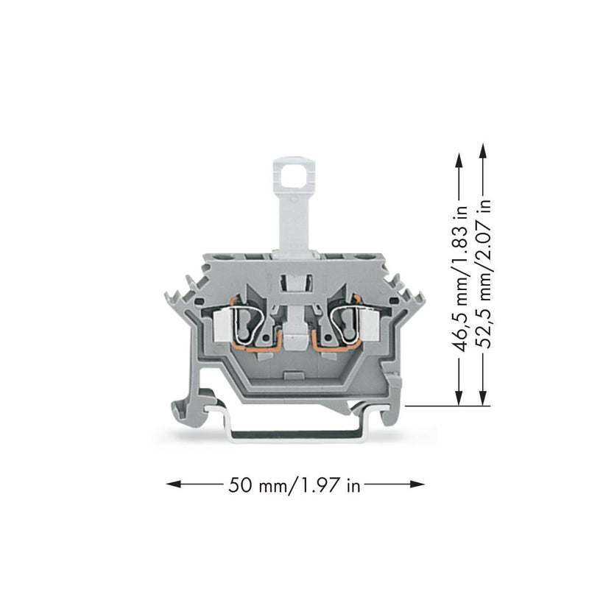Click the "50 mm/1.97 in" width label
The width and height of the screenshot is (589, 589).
pyautogui.click(x=294, y=484)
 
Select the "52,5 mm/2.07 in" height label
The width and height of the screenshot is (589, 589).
pyautogui.click(x=483, y=273)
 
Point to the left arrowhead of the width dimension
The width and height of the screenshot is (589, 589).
pyautogui.click(x=174, y=484)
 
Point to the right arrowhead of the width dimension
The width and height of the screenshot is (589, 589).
pyautogui.click(x=417, y=484)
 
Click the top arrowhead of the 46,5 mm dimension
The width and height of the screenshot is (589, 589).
pyautogui.click(x=458, y=160)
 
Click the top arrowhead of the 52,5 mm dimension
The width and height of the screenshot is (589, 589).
pyautogui.click(x=483, y=150)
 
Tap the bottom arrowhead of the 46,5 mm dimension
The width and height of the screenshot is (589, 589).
pyautogui.click(x=458, y=398)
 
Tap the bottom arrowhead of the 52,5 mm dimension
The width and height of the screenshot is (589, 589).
pyautogui.click(x=483, y=398)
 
